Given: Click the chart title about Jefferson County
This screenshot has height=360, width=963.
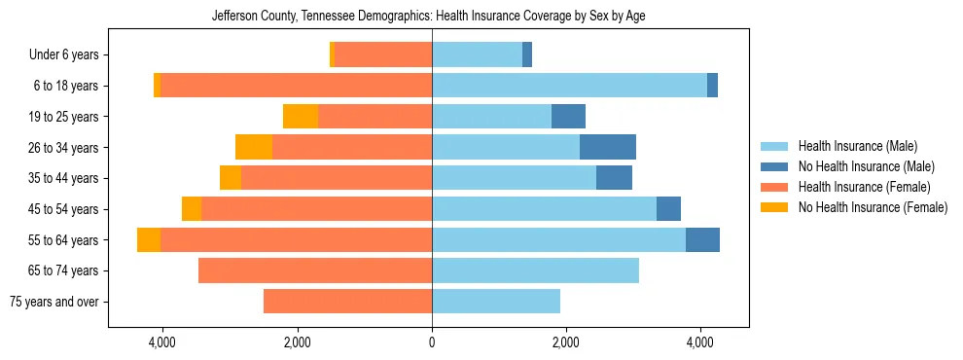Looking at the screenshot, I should pyautogui.click(x=428, y=16).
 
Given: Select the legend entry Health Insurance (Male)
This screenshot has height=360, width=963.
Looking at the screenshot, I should pyautogui.click(x=857, y=146).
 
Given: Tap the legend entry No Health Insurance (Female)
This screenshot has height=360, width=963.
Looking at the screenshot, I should pyautogui.click(x=873, y=207).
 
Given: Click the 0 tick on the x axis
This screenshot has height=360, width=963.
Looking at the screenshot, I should pyautogui.click(x=432, y=342).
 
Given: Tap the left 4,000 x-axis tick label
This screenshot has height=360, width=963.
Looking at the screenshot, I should pyautogui.click(x=161, y=342).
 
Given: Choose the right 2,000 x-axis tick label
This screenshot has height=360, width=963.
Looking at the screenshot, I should pyautogui.click(x=566, y=342).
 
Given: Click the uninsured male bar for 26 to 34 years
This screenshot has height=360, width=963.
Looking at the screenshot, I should pyautogui.click(x=608, y=147).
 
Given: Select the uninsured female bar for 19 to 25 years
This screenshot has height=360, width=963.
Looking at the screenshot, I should pyautogui.click(x=301, y=117).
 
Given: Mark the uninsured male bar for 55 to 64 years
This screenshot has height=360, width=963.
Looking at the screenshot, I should pyautogui.click(x=702, y=239).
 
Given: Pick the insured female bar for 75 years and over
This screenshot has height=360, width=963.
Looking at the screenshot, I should pyautogui.click(x=347, y=302).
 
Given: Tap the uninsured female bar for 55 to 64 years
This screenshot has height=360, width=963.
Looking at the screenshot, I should pyautogui.click(x=149, y=239).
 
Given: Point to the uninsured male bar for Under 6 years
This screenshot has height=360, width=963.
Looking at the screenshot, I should pyautogui.click(x=527, y=55).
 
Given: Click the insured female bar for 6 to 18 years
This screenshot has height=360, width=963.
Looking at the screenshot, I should pyautogui.click(x=296, y=86).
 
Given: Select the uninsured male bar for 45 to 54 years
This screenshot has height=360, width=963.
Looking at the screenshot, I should pyautogui.click(x=668, y=209).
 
